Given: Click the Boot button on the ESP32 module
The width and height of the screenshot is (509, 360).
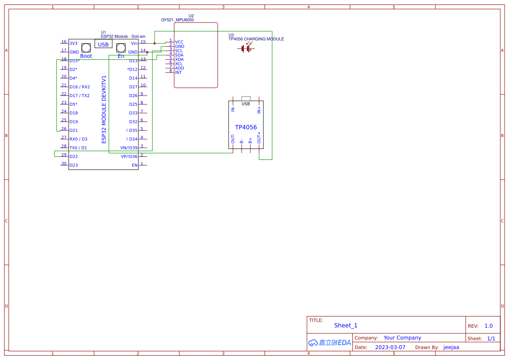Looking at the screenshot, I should pyautogui.click(x=86, y=47).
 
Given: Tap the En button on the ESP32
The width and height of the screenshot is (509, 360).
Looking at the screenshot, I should pyautogui.click(x=121, y=47).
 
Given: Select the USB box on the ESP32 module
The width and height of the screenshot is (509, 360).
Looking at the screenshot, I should pyautogui.click(x=103, y=44).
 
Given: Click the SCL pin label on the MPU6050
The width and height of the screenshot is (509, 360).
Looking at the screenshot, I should pyautogui.click(x=179, y=51).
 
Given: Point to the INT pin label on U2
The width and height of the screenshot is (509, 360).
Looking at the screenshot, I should pyautogui.click(x=179, y=73).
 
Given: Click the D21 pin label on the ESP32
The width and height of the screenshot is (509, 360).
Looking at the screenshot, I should pyautogui.click(x=74, y=131).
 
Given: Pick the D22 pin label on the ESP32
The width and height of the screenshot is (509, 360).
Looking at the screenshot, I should pyautogui.click(x=74, y=157).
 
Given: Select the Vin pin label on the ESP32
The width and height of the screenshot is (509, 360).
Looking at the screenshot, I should pyautogui.click(x=134, y=44).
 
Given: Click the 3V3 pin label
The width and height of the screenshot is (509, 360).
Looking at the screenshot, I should pyautogui.click(x=73, y=44).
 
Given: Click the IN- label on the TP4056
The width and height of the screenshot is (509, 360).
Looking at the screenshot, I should pyautogui.click(x=233, y=109).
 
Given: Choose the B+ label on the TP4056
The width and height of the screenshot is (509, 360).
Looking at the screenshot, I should pyautogui.click(x=250, y=140).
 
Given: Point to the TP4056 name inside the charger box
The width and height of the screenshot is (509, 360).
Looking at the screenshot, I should pyautogui.click(x=246, y=128).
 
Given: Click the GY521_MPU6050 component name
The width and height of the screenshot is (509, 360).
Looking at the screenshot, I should pyautogui.click(x=177, y=20).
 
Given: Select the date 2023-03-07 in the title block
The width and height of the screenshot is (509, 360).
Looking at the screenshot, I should pyautogui.click(x=390, y=347).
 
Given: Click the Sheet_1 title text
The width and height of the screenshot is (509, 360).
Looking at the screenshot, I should pyautogui.click(x=346, y=326).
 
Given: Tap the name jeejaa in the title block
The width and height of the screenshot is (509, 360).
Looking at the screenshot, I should pyautogui.click(x=451, y=347).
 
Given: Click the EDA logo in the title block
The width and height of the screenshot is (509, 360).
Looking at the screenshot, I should pyautogui.click(x=329, y=343).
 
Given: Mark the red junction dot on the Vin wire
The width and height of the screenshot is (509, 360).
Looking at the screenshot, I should pyautogui.click(x=154, y=44).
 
